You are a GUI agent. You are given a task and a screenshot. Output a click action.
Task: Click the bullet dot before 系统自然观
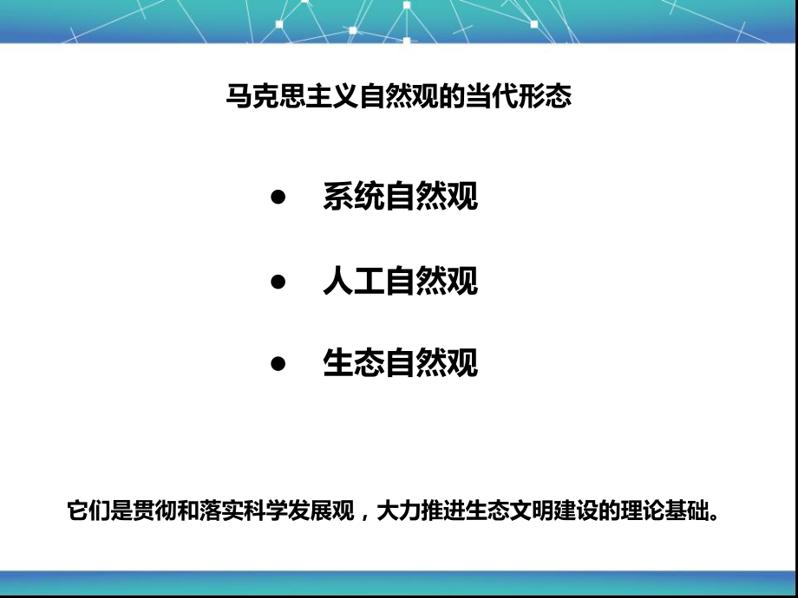tap(278, 198)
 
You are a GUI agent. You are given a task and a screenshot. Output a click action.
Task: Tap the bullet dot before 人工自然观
tap(278, 282)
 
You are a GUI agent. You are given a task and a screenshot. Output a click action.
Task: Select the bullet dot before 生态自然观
tap(278, 363)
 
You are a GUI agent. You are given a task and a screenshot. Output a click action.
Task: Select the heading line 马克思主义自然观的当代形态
tap(398, 95)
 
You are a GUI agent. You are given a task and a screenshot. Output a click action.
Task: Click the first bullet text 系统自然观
tap(400, 198)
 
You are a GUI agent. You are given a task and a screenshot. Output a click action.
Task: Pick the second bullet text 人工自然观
tap(400, 282)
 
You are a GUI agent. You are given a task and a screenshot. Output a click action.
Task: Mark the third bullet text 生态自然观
tap(400, 363)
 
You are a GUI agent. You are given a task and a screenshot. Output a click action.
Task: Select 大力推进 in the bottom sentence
tap(415, 510)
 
